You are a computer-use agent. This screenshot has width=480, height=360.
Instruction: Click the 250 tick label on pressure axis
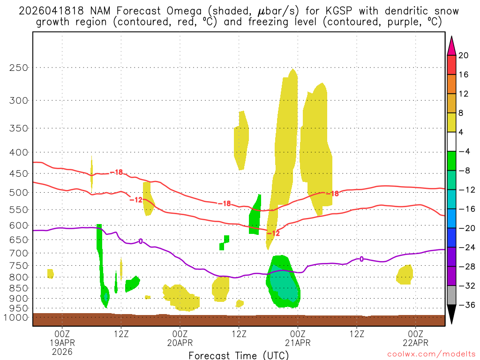point(19,67)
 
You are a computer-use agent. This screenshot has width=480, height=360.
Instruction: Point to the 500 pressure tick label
point(19,192)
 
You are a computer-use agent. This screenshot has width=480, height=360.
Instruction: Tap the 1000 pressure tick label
point(16,317)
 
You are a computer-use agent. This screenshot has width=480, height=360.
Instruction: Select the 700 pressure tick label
point(19,253)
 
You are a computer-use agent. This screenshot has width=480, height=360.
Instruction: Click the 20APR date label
point(180,343)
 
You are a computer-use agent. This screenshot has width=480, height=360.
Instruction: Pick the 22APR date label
point(416,343)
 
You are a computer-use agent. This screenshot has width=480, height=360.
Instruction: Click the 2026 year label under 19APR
point(62,351)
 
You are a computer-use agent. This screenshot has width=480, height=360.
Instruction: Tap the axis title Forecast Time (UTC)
point(239,355)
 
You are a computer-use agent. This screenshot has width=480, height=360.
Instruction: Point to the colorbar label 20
point(464,55)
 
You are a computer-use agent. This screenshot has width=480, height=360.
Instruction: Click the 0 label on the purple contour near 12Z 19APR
point(141,241)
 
